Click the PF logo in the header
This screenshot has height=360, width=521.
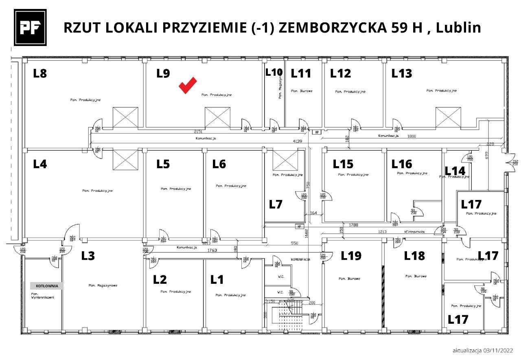tap(30, 28)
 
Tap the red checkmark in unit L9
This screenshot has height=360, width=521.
tap(188, 85)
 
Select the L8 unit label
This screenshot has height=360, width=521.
tap(40, 74)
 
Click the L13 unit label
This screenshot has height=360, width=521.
tap(401, 74)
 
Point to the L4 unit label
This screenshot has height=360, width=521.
tap(40, 164)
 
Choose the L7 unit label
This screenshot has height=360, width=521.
tap(276, 204)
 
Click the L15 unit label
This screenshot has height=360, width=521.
tap(343, 164)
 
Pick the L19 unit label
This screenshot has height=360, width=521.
tap(351, 256)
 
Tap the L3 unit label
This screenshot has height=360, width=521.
tap(88, 256)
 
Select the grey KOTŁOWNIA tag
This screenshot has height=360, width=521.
tap(47, 286)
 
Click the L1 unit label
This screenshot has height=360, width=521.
tap(217, 280)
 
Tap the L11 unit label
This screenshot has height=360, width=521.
tap(300, 74)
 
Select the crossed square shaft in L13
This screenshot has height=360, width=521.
tap(448, 118)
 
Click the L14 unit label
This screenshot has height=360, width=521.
tap(455, 171)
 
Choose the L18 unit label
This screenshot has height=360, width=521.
tap(414, 256)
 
